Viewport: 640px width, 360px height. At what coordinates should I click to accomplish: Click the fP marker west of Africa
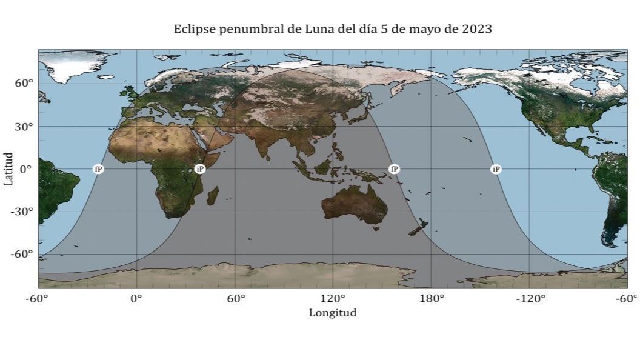coord(98,169)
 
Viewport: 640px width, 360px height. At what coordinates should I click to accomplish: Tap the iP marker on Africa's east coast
coord(200,169)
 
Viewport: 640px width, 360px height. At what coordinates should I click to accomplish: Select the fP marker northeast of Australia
coord(394,169)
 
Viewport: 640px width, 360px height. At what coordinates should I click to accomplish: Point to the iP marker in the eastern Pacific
coord(496,169)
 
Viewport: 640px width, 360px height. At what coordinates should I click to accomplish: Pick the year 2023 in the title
coord(476,29)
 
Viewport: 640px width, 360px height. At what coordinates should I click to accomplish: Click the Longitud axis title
coord(333,313)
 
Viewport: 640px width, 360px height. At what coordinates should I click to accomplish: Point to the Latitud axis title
coord(8,169)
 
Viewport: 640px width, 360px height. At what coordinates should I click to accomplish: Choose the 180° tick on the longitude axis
coord(432,298)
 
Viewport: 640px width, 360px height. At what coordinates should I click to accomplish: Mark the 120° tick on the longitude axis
coord(333,298)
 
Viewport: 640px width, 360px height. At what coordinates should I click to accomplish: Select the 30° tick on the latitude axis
coord(24,127)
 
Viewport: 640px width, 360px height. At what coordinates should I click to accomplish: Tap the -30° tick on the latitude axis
coord(22,212)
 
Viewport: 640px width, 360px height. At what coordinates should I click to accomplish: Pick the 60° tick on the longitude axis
coord(235,298)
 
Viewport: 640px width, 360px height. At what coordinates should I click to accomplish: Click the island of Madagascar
coord(213,195)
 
